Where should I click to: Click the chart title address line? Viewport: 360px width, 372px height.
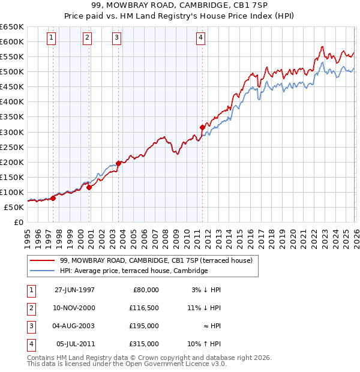(x=180, y=5)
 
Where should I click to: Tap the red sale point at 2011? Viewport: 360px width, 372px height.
(x=202, y=127)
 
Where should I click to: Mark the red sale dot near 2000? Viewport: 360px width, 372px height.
(x=89, y=187)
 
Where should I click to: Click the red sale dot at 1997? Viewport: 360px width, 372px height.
(x=53, y=197)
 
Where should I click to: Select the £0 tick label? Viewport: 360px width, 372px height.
(x=18, y=222)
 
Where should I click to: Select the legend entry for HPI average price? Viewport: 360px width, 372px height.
(x=134, y=271)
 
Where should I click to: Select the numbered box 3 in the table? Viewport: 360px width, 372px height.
(x=30, y=326)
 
